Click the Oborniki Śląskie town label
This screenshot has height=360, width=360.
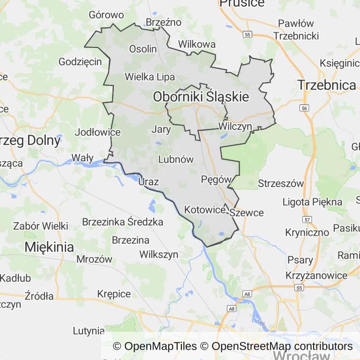(x=201, y=97)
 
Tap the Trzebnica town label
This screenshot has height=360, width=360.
(x=327, y=85)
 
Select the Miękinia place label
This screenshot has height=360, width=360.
(x=49, y=247)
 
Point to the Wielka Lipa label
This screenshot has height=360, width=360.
(x=150, y=77)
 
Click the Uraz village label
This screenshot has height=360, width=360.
(x=149, y=182)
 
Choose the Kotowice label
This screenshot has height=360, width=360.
(x=205, y=210)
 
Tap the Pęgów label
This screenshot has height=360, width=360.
(x=216, y=179)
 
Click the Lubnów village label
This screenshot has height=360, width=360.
(x=176, y=159)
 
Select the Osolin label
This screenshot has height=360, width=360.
(x=143, y=49)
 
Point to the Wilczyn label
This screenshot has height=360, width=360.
(x=235, y=127)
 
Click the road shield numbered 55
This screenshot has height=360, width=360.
(x=248, y=35)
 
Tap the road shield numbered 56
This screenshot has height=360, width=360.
(x=305, y=108)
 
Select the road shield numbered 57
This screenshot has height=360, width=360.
(x=307, y=219)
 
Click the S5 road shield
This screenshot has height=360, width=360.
(x=298, y=287)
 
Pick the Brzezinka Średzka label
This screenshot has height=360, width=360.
(x=122, y=222)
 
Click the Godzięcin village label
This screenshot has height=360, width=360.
(x=80, y=61)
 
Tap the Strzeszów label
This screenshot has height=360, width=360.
(x=281, y=183)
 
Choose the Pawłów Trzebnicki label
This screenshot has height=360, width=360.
(x=296, y=30)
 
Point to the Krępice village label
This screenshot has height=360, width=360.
(x=114, y=294)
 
